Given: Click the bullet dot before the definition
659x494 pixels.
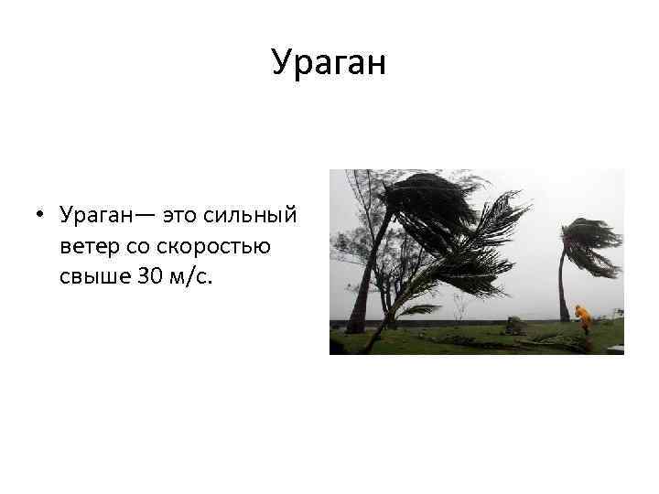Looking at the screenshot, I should [x=42, y=217].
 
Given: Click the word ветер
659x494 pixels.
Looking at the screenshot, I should [x=88, y=246].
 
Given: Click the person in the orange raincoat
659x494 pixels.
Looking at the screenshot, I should [x=583, y=319].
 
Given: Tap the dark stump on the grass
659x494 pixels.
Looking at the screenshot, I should [x=514, y=326].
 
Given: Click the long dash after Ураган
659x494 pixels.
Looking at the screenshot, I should [x=147, y=216].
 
